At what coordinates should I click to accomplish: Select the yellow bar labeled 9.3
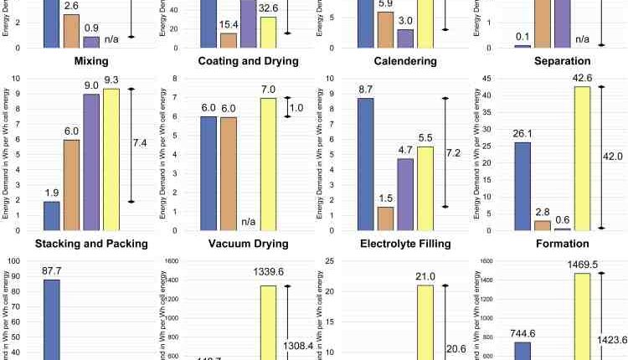pos(111,159)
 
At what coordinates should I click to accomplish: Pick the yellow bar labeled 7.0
pos(268,164)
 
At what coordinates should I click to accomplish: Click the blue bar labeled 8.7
pos(366,164)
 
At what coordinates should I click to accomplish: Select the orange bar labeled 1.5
pos(385,219)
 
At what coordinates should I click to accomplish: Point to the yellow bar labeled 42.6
pos(582,158)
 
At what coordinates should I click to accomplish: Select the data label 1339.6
pos(267,272)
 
